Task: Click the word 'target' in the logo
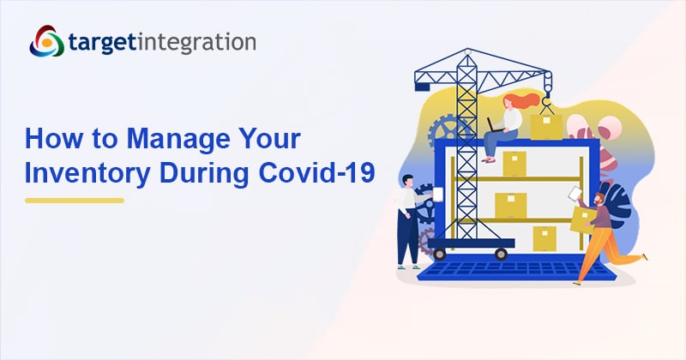[x=101, y=43]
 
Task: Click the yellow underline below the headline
[x=75, y=201]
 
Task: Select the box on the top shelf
[x=514, y=163]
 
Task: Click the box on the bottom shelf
[x=545, y=237]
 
